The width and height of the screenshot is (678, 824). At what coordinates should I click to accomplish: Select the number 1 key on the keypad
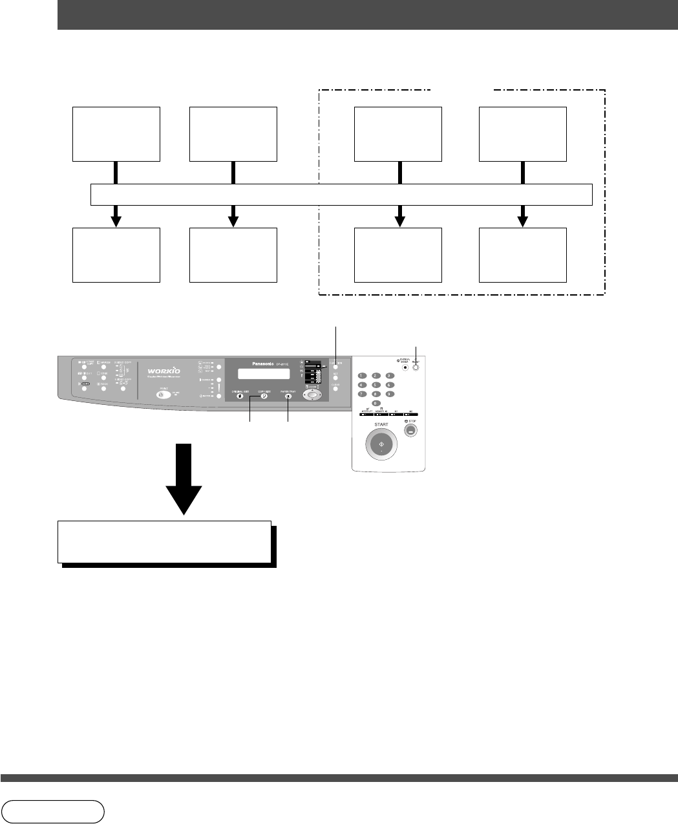(361, 376)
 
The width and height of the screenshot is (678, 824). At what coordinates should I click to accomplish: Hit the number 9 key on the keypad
(389, 394)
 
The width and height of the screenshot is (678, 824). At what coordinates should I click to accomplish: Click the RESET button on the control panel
(416, 367)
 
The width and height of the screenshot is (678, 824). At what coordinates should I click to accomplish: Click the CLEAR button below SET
(335, 389)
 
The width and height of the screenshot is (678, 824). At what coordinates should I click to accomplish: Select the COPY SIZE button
(264, 396)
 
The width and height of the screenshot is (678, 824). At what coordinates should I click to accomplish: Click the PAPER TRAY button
(288, 396)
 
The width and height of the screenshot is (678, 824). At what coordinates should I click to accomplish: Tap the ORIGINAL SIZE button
(240, 396)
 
